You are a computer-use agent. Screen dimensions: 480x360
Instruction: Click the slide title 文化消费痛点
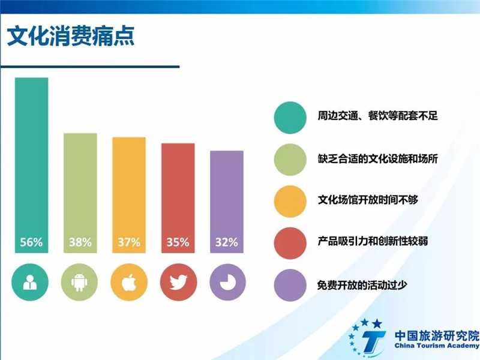pos(71,36)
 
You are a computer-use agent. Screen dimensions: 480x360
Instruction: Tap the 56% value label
pos(31,242)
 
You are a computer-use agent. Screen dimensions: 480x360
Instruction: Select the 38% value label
pos(80,242)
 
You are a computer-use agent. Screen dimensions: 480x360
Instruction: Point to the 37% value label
pos(129,242)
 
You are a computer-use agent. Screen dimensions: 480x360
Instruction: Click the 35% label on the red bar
pos(178,242)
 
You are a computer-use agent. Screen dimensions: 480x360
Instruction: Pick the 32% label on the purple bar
pos(227,242)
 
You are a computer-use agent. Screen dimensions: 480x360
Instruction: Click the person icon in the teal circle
pos(30,282)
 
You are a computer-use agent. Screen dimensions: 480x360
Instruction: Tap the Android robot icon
pos(79,282)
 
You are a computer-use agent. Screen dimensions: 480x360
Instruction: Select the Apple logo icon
pos(129,282)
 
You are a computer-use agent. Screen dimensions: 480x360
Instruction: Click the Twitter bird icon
pos(178,282)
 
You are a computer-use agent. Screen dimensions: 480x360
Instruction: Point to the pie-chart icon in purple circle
pos(228,282)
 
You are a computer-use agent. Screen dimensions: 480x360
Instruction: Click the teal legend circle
pos(290,118)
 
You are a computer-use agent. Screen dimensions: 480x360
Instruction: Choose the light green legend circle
pos(290,160)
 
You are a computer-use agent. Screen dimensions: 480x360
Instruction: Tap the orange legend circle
pos(290,202)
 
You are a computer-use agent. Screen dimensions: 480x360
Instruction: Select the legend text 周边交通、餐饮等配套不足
pos(378,116)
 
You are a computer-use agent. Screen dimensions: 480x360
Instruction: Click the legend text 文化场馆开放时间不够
pos(368,200)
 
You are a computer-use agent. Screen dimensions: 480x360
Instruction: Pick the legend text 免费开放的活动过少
pos(362,285)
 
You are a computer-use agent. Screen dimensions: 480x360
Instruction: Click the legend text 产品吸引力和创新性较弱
pos(373,241)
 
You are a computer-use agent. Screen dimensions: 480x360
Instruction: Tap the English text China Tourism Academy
pos(437,346)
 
